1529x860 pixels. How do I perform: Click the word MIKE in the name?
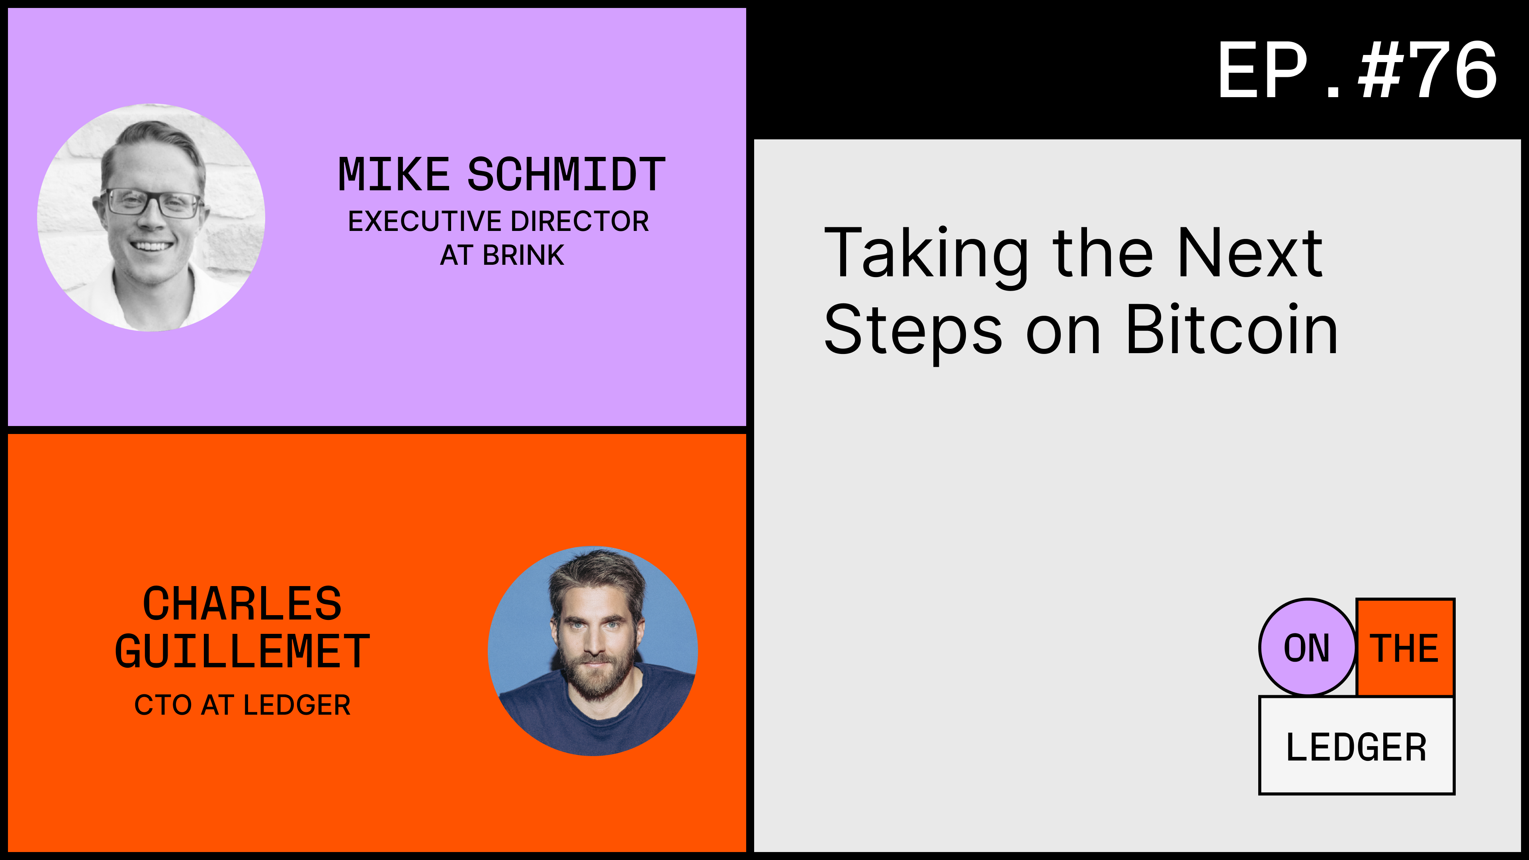click(x=393, y=175)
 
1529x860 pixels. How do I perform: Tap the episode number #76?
click(x=1427, y=71)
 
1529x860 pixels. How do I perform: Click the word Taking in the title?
click(x=926, y=254)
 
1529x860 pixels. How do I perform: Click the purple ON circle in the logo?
click(x=1306, y=647)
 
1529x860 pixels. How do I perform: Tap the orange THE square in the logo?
click(x=1405, y=647)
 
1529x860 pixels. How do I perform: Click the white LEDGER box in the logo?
click(x=1356, y=747)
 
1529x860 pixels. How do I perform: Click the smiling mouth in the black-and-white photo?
click(x=151, y=246)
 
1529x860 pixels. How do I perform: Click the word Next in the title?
click(x=1250, y=254)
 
